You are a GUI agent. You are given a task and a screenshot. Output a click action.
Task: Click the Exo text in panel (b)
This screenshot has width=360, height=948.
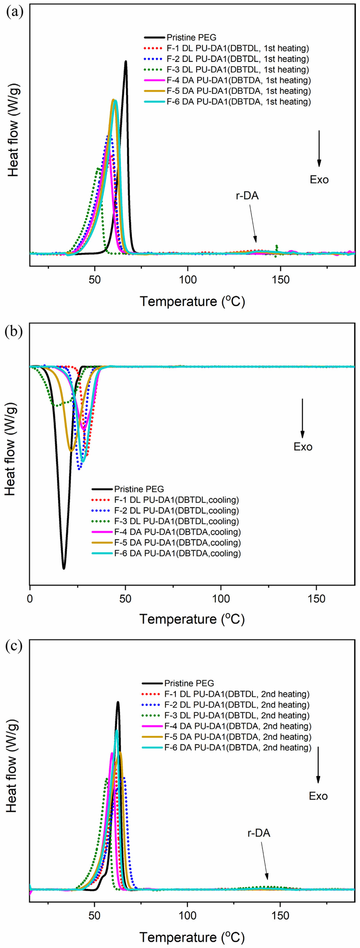click(303, 447)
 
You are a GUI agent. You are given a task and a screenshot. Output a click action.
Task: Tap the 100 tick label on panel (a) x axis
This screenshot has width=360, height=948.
click(188, 279)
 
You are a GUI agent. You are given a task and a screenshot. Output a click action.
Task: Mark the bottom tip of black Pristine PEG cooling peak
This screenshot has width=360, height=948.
click(64, 569)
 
